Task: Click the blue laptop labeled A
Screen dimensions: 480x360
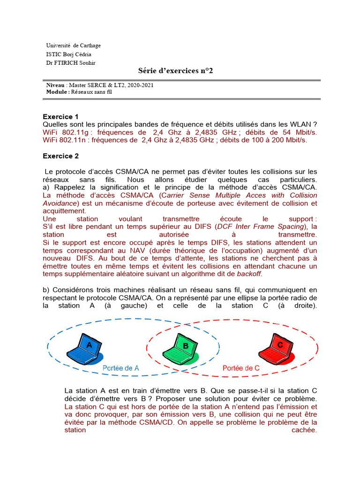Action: (x=84, y=350)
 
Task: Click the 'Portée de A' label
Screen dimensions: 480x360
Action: (x=121, y=368)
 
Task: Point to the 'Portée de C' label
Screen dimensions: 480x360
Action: (x=241, y=368)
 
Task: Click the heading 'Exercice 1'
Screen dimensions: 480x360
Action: (x=60, y=116)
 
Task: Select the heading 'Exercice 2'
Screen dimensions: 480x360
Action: (x=60, y=156)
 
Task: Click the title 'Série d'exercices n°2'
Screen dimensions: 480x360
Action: (x=172, y=71)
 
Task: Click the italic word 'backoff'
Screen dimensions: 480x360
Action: (x=249, y=274)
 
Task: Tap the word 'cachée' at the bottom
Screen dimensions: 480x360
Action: (x=304, y=430)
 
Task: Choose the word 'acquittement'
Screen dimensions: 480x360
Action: (x=64, y=211)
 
